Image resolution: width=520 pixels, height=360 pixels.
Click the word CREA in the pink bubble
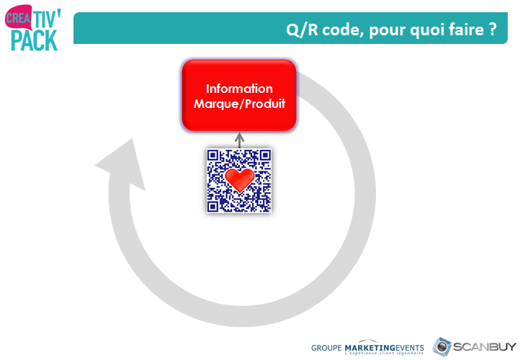[18, 18]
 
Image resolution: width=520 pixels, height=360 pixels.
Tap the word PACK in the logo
[35, 41]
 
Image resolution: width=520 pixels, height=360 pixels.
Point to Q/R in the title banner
[302, 30]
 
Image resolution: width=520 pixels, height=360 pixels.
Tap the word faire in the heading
[466, 30]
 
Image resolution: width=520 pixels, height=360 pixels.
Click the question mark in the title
[493, 30]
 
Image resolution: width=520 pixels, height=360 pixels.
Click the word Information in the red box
[239, 89]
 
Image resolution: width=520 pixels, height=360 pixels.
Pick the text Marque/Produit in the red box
[239, 104]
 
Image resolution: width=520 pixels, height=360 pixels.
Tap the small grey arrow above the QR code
[239, 140]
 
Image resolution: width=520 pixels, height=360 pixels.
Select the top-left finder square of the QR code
[213, 155]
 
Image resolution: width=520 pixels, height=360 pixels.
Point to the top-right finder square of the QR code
[265, 155]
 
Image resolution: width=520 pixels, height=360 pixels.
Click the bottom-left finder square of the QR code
[213, 207]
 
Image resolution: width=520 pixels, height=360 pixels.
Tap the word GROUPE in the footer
[326, 348]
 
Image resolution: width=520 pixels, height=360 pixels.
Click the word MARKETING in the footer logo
[370, 348]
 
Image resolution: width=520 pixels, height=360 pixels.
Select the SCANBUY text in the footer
[485, 347]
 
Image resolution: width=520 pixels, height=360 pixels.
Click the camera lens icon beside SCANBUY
[441, 347]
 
